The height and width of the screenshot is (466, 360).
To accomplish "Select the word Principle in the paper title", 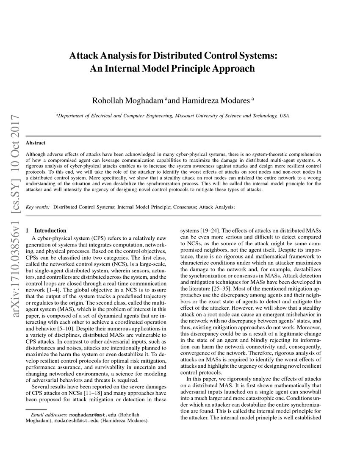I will [194, 68].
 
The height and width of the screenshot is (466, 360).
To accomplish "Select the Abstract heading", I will [36, 143].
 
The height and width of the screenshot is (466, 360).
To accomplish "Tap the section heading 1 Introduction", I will [46, 230].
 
